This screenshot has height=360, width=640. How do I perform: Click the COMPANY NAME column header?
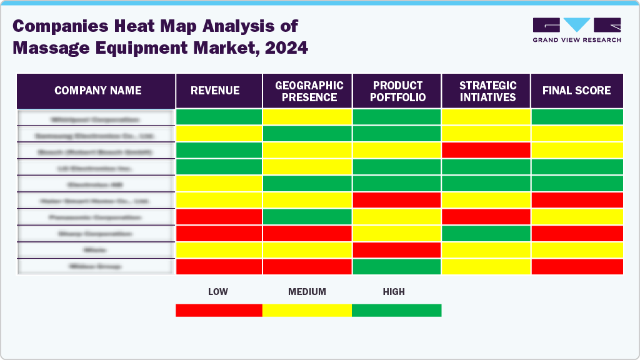coord(97,91)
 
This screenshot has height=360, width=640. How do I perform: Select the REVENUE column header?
coord(215,91)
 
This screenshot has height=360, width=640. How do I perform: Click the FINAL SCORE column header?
coord(576,91)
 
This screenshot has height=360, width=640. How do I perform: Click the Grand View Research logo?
coord(576,29)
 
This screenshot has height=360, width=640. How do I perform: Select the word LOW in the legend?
coord(217,292)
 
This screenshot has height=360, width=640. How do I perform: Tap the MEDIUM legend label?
coord(307,292)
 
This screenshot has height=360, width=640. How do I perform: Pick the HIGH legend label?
coord(394,292)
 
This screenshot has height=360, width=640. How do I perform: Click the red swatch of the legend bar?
coord(219,310)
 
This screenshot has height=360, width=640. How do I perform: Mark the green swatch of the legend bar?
coord(396,310)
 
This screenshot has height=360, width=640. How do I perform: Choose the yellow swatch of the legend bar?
coord(307,310)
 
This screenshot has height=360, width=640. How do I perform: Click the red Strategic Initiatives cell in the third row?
coord(486,150)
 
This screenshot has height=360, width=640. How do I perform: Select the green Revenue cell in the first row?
coord(219,117)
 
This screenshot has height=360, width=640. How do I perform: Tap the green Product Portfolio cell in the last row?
coord(396,266)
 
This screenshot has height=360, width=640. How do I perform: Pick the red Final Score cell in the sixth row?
coord(577,200)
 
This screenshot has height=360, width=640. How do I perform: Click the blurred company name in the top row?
coord(95,117)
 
